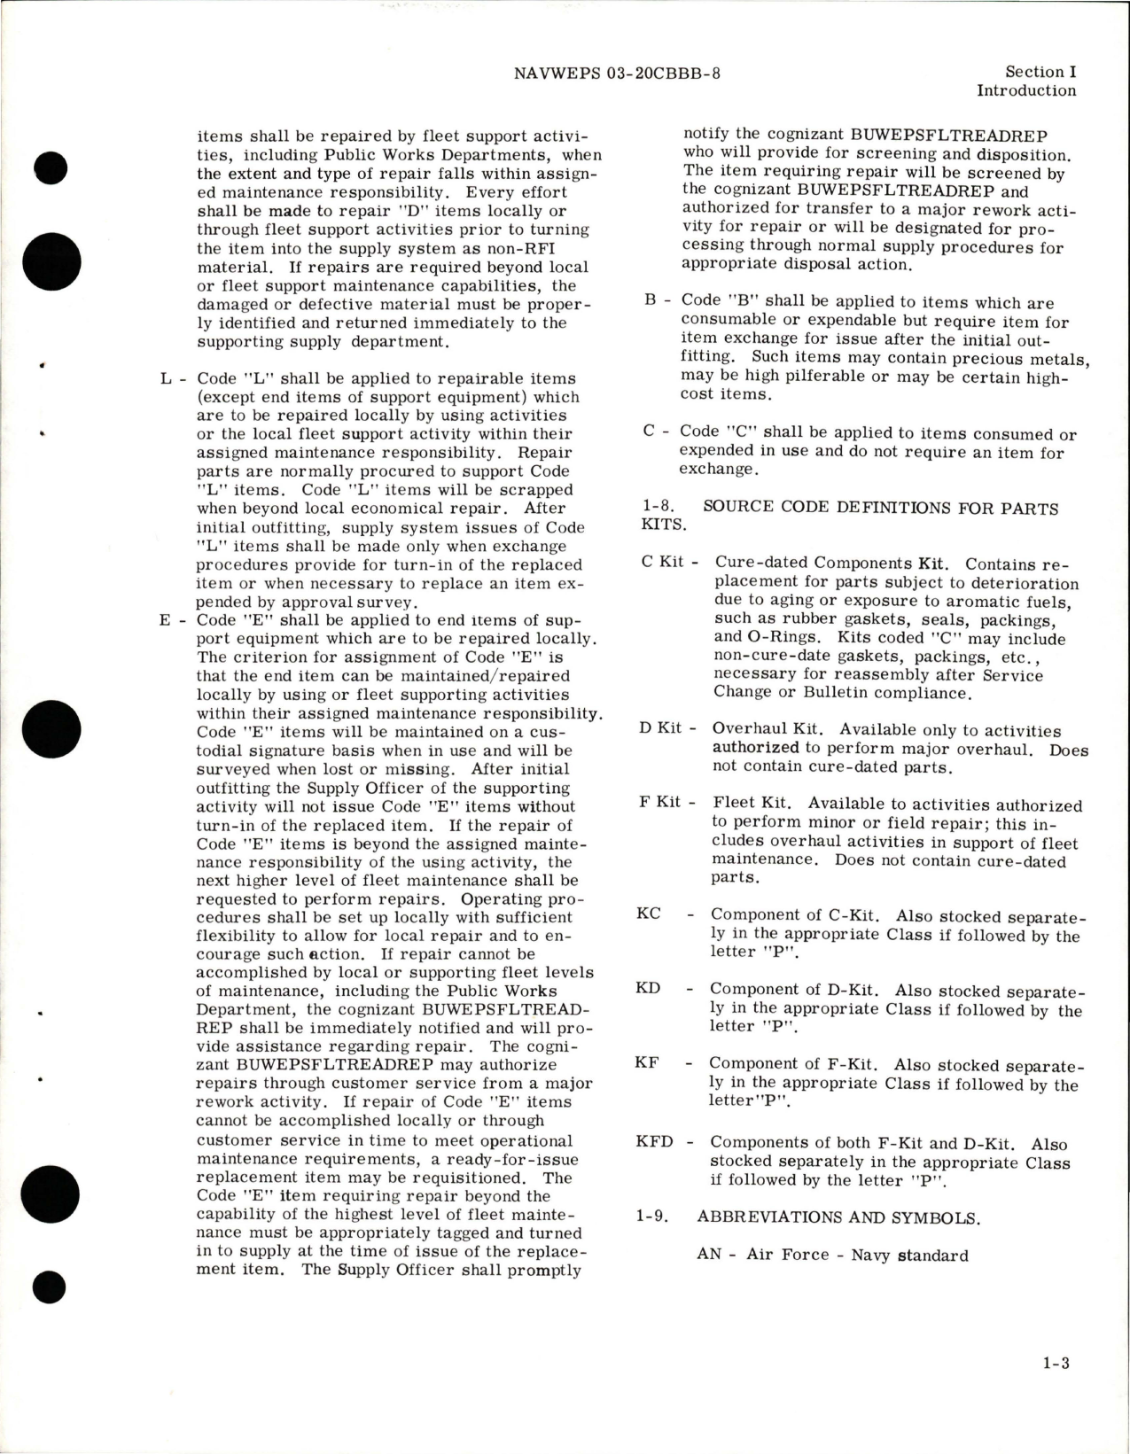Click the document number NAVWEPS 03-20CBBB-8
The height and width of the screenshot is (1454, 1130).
(x=617, y=73)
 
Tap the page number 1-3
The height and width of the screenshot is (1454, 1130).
(x=1055, y=1388)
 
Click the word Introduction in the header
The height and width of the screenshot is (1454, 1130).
(x=1026, y=90)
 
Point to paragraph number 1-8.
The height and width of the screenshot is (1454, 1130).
(x=659, y=509)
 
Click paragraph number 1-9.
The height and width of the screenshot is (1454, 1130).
(x=656, y=1217)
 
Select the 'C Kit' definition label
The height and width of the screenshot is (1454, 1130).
(x=662, y=564)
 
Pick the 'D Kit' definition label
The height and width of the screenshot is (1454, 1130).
(x=661, y=728)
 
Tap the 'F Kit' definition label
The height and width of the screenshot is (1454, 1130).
(x=660, y=803)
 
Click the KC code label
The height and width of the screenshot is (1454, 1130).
(x=649, y=914)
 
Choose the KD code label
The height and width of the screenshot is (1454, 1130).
(x=648, y=988)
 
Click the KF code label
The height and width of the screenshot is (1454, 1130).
(x=647, y=1062)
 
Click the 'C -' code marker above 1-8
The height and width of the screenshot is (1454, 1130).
(x=656, y=432)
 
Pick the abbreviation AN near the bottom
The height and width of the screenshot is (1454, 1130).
(x=709, y=1255)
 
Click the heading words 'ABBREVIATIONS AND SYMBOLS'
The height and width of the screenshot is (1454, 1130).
(x=838, y=1217)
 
